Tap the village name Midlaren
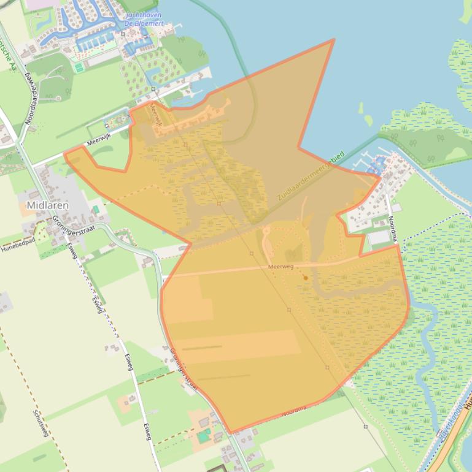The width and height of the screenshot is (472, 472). coord(47,205)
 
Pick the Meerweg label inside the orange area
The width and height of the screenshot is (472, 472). coord(281,267)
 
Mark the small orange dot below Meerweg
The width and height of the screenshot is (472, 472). coord(305,278)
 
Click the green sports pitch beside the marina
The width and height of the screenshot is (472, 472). coord(79,67)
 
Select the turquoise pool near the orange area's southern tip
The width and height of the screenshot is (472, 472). coord(203,436)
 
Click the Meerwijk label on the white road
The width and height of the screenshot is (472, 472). coord(98,140)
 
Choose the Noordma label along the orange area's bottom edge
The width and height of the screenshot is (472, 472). coord(294,411)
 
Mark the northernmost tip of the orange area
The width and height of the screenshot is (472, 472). coord(334,40)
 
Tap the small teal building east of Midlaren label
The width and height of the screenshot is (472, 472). coord(96,209)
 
